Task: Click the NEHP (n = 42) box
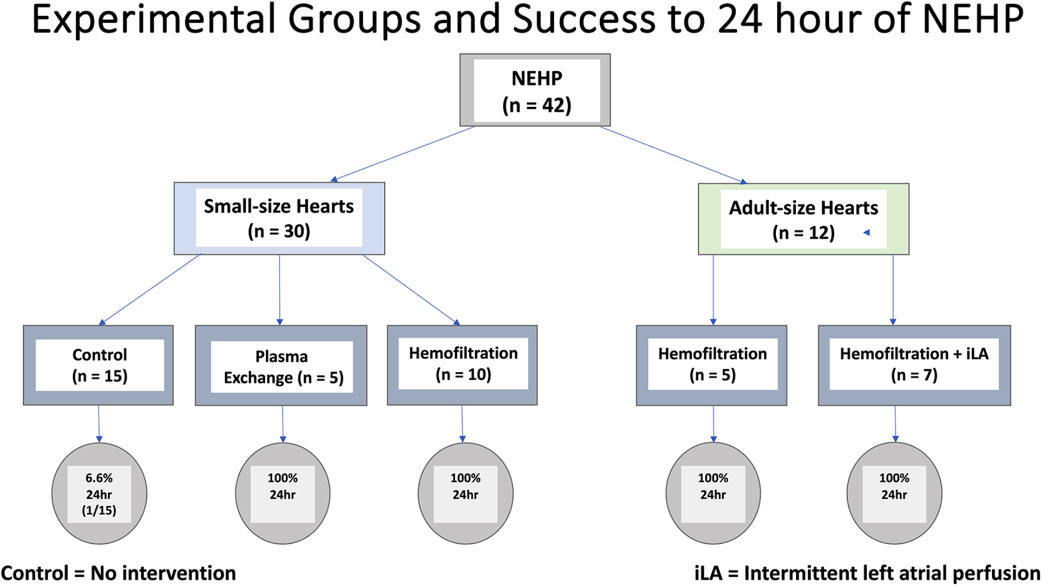535,90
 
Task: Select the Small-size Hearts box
279,218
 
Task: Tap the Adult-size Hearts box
803,219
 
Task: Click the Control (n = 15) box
99,365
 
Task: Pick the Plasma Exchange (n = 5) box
281,366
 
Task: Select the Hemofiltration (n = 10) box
462,364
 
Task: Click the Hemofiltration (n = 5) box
711,365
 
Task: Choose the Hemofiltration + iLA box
914,365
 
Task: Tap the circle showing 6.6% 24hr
99,493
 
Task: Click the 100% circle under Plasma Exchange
283,493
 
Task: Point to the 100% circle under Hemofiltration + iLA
894,493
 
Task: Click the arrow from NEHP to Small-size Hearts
403,154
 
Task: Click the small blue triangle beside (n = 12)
866,232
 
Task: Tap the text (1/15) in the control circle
99,510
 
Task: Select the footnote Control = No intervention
119,573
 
